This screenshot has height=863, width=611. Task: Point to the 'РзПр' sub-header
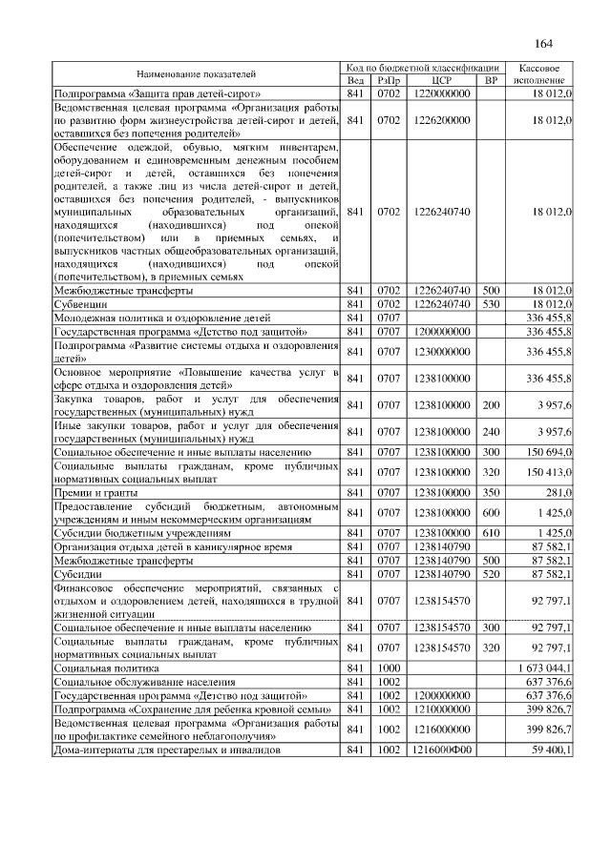[x=389, y=81]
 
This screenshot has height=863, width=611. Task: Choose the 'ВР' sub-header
[x=491, y=81]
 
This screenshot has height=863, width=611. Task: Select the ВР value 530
[x=491, y=303]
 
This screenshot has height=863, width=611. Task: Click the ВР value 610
[x=491, y=532]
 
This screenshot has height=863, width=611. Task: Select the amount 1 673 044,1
[x=544, y=670]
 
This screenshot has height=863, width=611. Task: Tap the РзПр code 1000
[x=389, y=670]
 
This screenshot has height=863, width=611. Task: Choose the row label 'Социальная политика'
[x=106, y=670]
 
